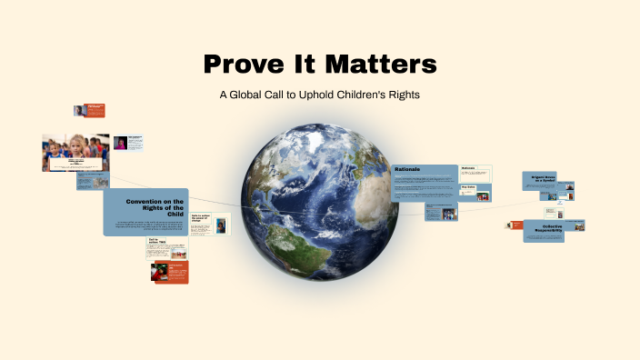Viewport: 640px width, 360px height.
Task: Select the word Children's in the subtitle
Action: point(355,95)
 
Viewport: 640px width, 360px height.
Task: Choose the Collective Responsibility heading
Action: point(544,230)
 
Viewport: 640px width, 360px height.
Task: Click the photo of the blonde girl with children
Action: point(75,152)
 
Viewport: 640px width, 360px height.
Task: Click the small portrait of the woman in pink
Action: point(120,143)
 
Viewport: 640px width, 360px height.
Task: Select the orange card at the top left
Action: point(95,110)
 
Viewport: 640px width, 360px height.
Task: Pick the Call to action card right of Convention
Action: point(210,224)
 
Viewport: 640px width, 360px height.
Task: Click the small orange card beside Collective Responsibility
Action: point(514,225)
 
